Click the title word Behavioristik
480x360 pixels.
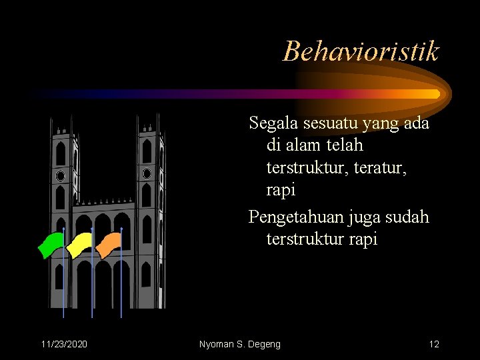click(361, 51)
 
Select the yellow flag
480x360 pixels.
click(80, 244)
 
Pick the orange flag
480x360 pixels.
click(108, 244)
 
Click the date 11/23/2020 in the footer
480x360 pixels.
click(63, 344)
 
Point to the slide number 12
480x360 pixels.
click(434, 344)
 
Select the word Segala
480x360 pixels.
click(272, 123)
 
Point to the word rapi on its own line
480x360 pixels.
click(281, 189)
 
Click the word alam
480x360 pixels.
click(305, 144)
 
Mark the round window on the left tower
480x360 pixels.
click(61, 176)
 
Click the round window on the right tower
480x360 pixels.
click(147, 174)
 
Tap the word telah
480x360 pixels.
click(345, 144)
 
